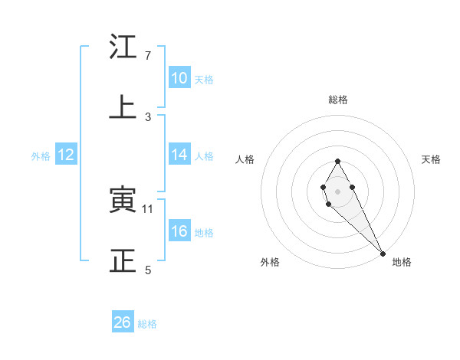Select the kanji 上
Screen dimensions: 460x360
123,107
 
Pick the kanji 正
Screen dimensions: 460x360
123,261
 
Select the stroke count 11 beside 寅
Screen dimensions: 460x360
148,208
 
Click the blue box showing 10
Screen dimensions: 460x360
179,78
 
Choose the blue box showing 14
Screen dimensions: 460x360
179,155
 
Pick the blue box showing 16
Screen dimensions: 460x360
179,231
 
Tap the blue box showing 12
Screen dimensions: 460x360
66,155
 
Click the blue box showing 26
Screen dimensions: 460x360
123,322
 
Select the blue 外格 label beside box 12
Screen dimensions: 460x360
41,156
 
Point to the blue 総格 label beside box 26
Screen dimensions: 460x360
147,324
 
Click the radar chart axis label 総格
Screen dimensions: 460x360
337,100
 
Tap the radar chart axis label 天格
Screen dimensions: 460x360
432,159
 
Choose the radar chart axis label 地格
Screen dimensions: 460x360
402,263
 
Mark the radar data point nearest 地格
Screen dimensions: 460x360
383,253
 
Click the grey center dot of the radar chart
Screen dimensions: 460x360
337,190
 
